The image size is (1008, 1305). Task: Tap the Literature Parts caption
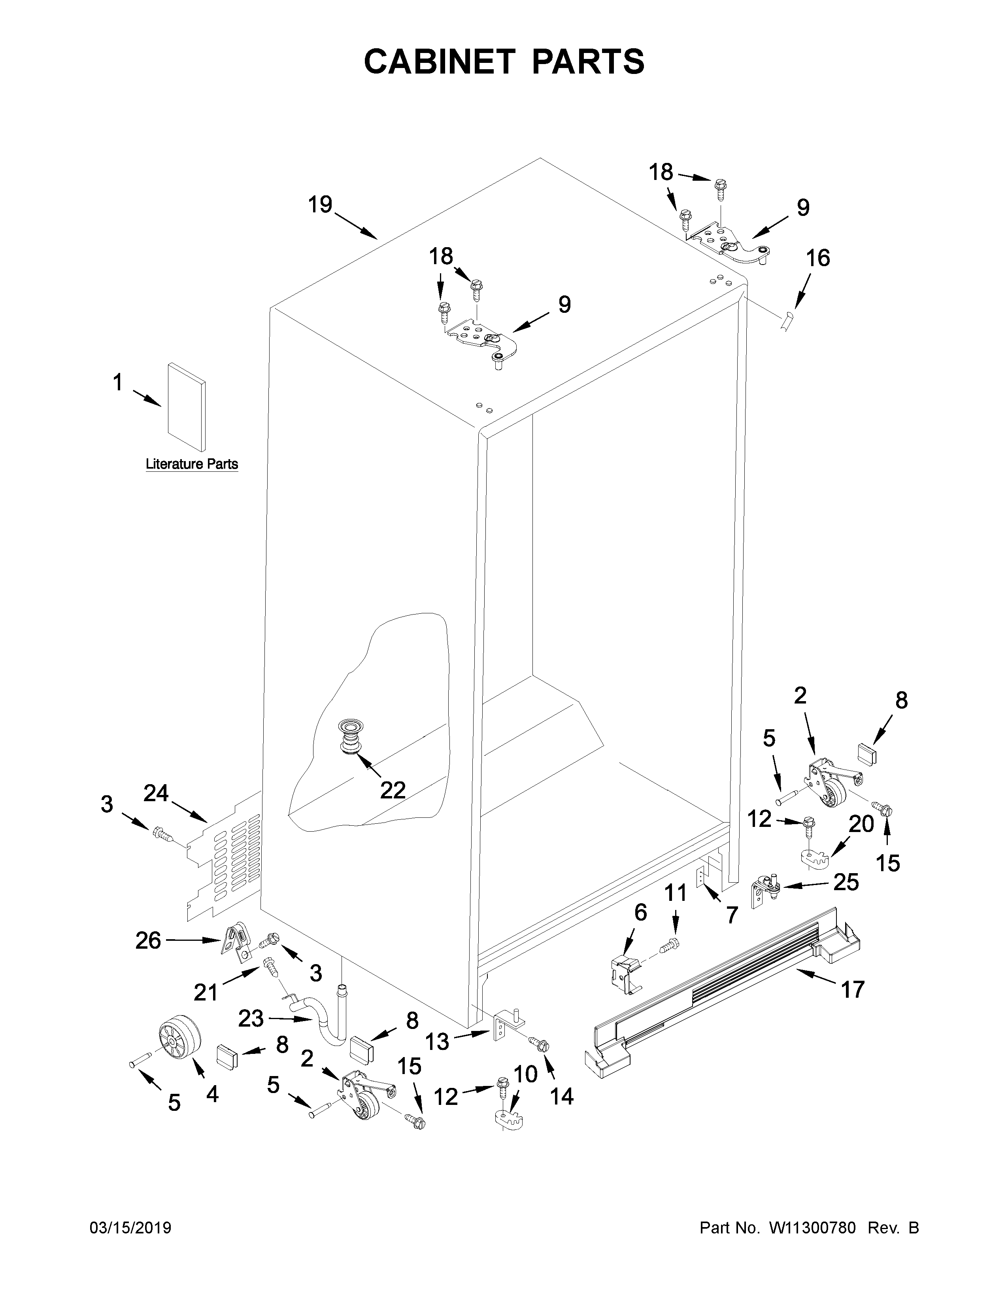point(192,464)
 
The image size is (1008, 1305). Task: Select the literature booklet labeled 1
point(186,406)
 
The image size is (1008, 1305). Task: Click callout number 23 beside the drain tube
point(251,1019)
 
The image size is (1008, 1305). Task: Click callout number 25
point(846,882)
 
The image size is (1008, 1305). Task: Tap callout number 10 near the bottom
point(525,1074)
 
